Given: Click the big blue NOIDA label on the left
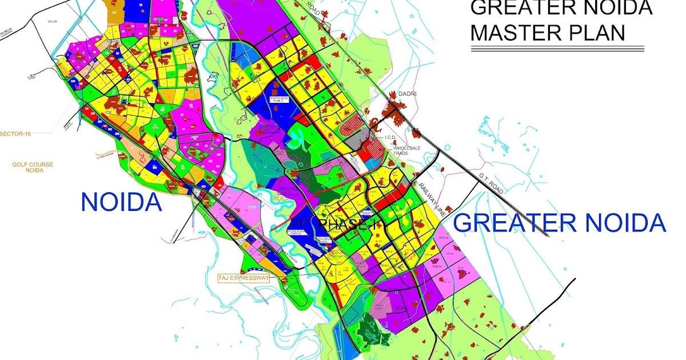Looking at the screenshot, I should coord(121,202).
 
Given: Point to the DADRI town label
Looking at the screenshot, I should coord(409,94).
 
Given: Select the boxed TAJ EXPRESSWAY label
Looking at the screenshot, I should coord(243,278).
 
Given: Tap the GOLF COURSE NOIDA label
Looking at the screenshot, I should coord(33,167).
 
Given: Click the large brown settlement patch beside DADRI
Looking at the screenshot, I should coord(393,109).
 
